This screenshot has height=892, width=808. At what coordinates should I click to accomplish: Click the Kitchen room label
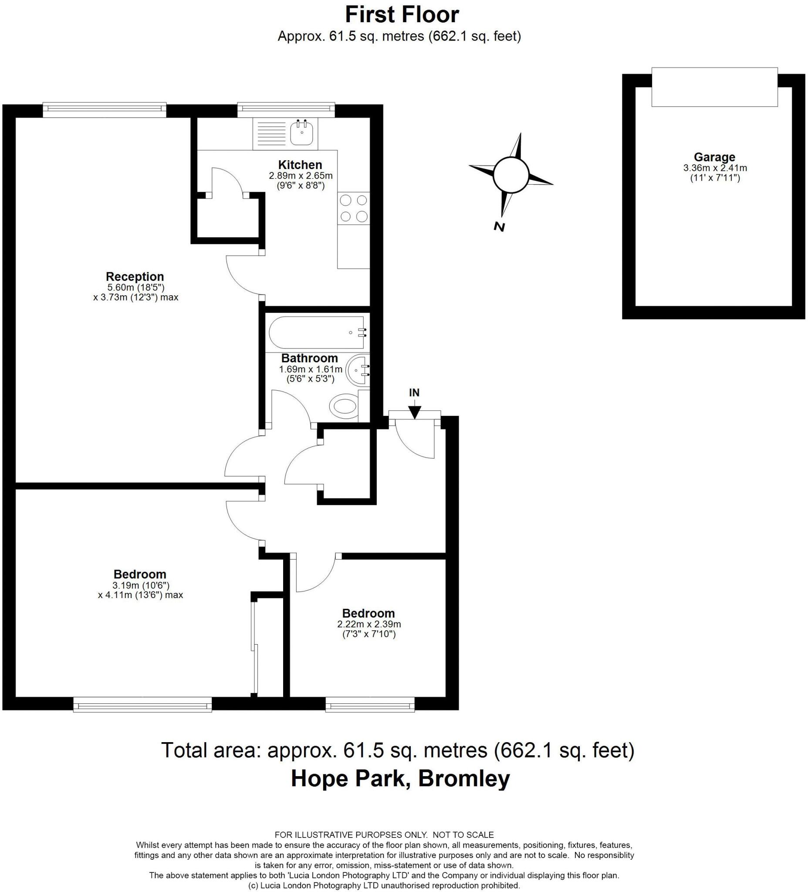point(300,165)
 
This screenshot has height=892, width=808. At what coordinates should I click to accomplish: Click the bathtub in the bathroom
point(316,332)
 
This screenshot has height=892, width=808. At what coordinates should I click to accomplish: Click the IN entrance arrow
point(414,412)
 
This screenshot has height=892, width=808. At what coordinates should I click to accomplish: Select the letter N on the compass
point(499,227)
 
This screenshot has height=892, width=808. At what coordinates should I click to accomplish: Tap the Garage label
point(714,157)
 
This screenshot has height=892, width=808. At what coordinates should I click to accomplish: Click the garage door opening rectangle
point(714,87)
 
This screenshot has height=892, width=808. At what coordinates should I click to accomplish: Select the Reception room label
point(135,277)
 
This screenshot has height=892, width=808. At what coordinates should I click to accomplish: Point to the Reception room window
point(105,109)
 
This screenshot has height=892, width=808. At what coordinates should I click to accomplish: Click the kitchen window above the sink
point(286,109)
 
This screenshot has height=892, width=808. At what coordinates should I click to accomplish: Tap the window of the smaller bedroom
point(370,704)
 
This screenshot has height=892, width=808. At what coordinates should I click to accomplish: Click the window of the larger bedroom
point(142,704)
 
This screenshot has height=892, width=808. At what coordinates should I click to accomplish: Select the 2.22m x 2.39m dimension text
point(369,624)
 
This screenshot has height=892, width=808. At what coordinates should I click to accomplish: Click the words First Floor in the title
point(401,15)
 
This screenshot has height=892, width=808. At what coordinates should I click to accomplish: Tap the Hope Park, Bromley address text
point(400,778)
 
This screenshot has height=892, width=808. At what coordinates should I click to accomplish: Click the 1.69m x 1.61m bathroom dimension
point(310,369)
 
